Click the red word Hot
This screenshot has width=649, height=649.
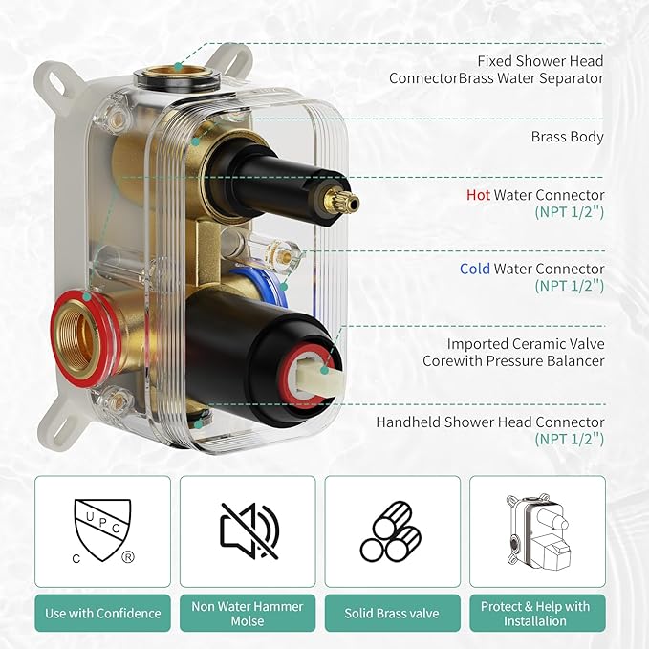click(478, 195)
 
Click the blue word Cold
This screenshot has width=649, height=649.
click(475, 269)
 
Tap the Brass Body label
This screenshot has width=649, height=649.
click(567, 137)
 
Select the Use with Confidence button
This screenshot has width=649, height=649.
click(102, 613)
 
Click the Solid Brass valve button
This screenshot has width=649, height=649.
click(392, 613)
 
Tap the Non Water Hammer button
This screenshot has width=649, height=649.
click(248, 613)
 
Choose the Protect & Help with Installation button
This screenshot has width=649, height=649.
click(537, 613)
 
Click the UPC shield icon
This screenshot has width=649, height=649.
click(102, 530)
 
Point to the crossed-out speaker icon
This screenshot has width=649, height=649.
click(249, 531)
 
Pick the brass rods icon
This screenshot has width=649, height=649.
click(391, 531)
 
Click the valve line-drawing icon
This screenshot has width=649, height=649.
click(538, 531)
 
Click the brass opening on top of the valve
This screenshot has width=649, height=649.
click(179, 71)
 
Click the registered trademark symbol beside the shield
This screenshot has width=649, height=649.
click(128, 557)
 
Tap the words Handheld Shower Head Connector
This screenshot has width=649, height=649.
click(490, 422)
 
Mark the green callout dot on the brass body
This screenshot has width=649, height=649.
click(195, 142)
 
